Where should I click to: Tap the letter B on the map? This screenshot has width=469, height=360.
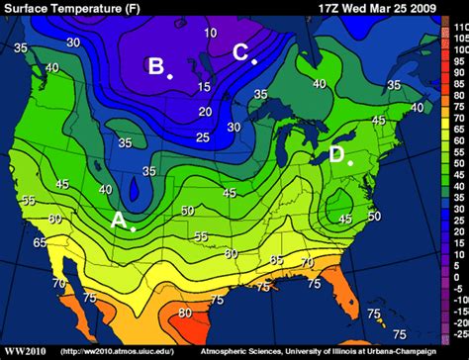click(156, 66)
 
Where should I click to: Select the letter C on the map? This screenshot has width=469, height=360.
click(240, 51)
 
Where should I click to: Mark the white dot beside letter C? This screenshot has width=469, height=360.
click(254, 61)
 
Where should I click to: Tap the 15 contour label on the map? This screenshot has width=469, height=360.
click(203, 88)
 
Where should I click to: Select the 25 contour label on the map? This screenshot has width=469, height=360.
click(202, 136)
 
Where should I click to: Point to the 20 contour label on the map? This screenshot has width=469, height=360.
click(206, 112)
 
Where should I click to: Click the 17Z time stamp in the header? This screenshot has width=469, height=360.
click(333, 7)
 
